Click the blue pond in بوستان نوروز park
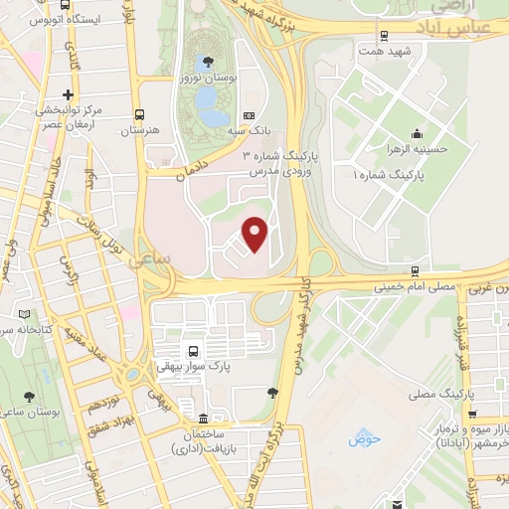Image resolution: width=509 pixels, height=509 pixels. pyautogui.click(x=207, y=98)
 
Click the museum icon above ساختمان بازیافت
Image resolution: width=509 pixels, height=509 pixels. pyautogui.click(x=203, y=419)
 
